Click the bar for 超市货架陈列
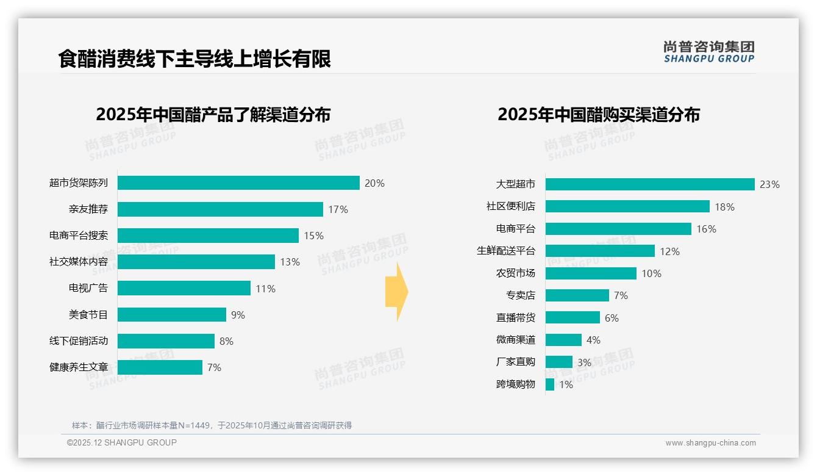click(238, 183)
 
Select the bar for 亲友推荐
click(220, 209)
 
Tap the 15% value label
click(313, 236)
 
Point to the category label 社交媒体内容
click(79, 262)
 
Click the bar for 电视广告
click(184, 288)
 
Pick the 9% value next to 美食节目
click(238, 315)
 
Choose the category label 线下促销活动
click(79, 341)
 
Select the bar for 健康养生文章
click(160, 367)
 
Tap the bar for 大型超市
click(650, 184)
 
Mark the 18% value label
click(724, 207)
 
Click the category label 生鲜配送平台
click(506, 251)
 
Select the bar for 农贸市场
click(591, 273)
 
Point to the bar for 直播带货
click(573, 317)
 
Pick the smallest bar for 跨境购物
click(550, 384)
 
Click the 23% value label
click(769, 184)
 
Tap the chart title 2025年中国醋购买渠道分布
click(599, 115)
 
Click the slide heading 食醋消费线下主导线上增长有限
click(194, 59)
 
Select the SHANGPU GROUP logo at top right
click(708, 52)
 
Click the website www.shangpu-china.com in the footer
click(710, 443)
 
